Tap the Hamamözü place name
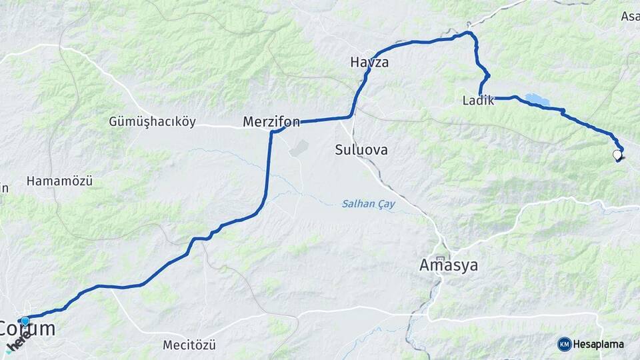[x=59, y=181]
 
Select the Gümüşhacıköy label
[x=152, y=122]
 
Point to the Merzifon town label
[x=271, y=122]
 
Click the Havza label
[x=369, y=63]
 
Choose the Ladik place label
[x=478, y=101]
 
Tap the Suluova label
[x=361, y=150]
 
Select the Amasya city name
[x=449, y=265]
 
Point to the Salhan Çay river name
[x=369, y=205]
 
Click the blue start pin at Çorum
[x=25, y=321]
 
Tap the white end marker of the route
[x=617, y=155]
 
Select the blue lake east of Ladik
[x=536, y=100]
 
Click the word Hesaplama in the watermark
[x=598, y=344]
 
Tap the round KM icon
[x=564, y=344]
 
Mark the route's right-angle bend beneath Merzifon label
[x=272, y=133]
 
